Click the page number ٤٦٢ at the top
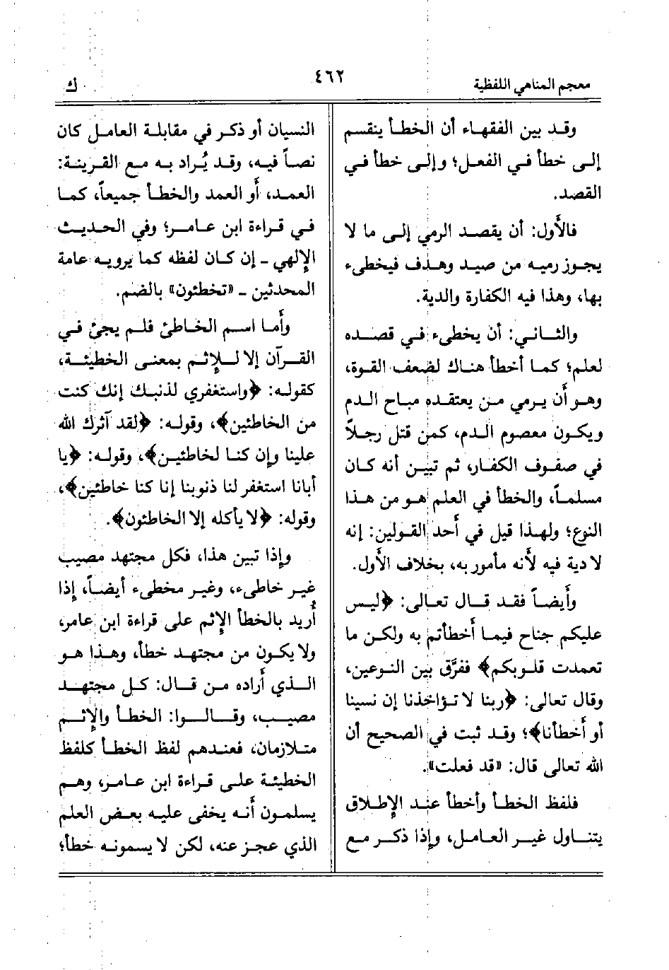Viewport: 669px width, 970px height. point(331,75)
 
